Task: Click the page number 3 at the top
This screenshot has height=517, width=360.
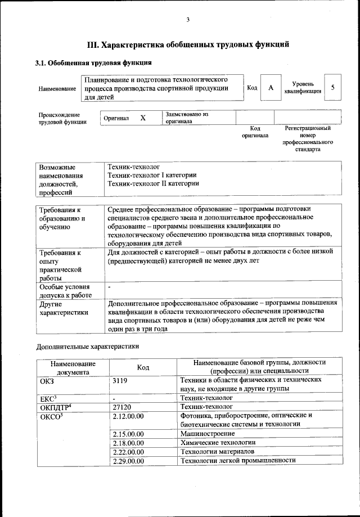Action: point(188,20)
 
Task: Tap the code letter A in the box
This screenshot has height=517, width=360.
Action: point(271,88)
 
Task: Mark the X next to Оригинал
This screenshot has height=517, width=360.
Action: point(143,118)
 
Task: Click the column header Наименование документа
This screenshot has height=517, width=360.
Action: point(73,367)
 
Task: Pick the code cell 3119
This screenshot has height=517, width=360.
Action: point(121,380)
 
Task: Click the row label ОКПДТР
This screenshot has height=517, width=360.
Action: point(55,406)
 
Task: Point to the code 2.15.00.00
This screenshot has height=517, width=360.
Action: point(128,434)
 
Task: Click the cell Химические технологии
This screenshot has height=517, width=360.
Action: point(215,443)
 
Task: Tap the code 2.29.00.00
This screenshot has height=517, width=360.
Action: point(128,460)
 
